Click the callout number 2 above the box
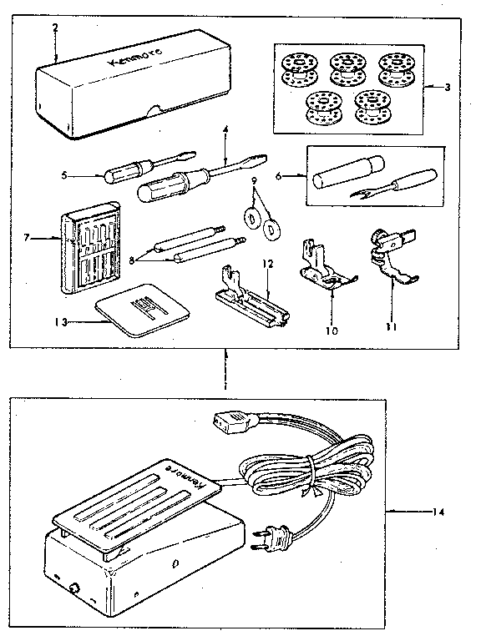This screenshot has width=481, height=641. click(54, 28)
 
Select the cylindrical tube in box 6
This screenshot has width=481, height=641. click(342, 173)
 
